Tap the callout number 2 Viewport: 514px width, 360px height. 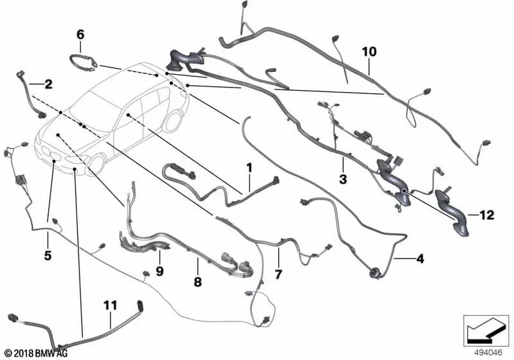pyautogui.click(x=48, y=84)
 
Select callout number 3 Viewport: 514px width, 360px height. pyautogui.click(x=342, y=179)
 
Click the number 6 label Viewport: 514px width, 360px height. pyautogui.click(x=80, y=33)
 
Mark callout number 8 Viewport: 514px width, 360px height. pyautogui.click(x=198, y=281)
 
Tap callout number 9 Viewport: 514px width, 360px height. pyautogui.click(x=159, y=271)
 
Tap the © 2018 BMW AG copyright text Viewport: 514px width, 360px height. pyautogui.click(x=36, y=353)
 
